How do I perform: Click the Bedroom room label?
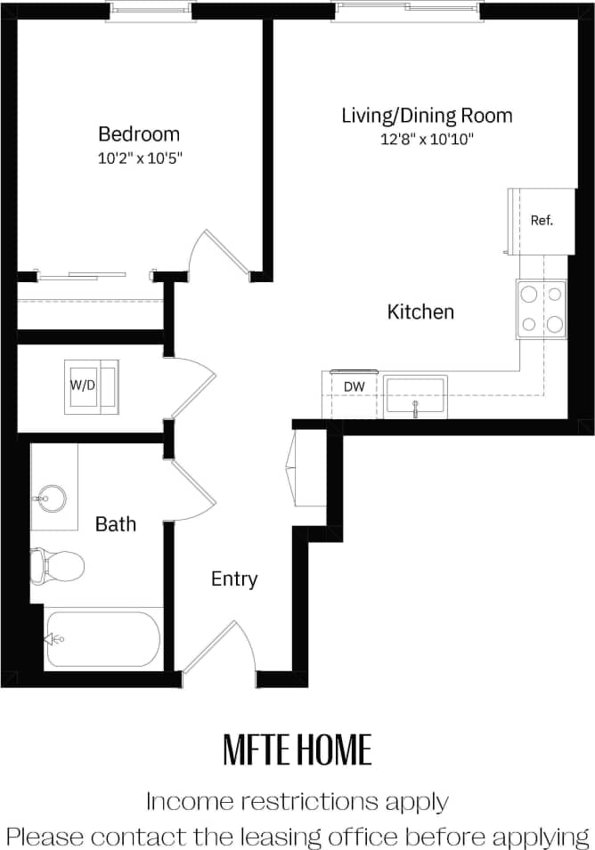(x=138, y=134)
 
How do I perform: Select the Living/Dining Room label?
(x=427, y=116)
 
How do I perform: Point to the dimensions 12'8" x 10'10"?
(x=427, y=138)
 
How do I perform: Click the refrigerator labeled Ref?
(x=542, y=221)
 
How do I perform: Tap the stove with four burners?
(x=542, y=309)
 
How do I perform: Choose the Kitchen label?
(x=420, y=312)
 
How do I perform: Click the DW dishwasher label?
(x=355, y=386)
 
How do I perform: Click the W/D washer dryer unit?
(x=91, y=386)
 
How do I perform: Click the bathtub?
(x=102, y=638)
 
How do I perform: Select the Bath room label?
(x=116, y=524)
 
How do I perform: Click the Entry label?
(x=234, y=579)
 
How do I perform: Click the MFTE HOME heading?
(x=297, y=751)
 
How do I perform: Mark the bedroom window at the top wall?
(x=150, y=10)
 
